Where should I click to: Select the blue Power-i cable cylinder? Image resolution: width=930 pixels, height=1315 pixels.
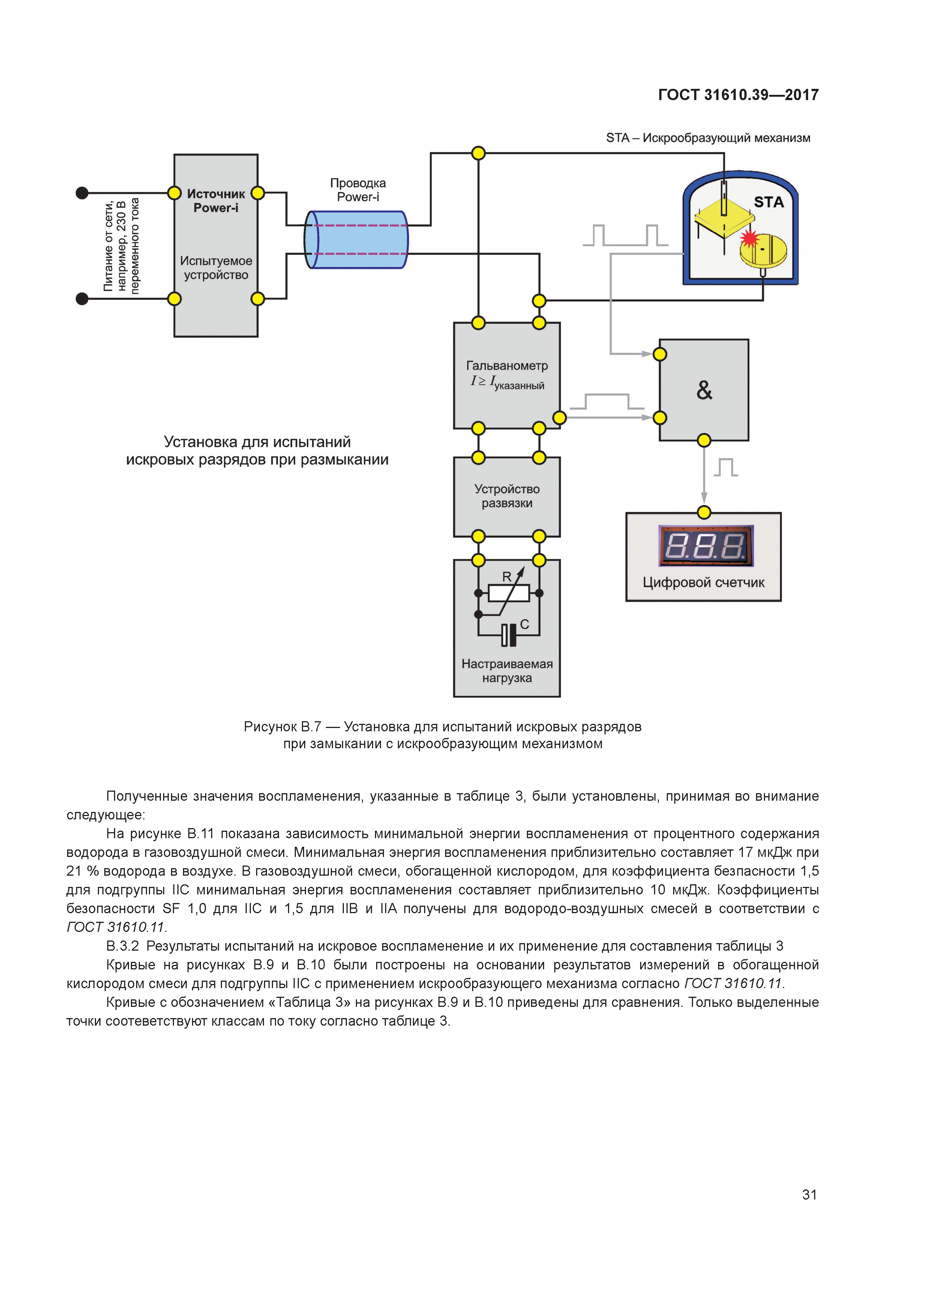point(356,240)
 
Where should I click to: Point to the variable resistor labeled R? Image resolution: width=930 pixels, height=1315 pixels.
point(508,593)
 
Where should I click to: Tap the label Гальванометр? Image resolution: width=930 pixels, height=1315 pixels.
point(507,365)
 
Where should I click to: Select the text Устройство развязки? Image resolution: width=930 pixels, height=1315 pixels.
point(507,496)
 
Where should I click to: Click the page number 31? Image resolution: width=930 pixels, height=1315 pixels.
point(809,1194)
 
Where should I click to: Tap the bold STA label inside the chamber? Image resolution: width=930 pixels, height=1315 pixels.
point(768,202)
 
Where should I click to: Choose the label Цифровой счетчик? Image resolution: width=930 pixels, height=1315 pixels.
point(703,583)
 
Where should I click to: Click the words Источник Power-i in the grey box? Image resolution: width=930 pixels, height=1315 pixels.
point(216,201)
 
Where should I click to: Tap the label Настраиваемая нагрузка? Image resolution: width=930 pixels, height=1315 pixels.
point(507,671)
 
